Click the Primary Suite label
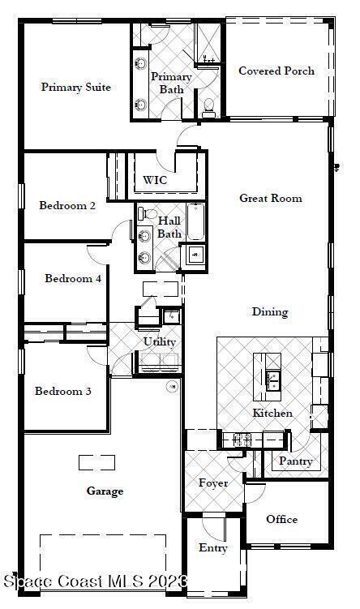coord(76,87)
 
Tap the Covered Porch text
coord(276,71)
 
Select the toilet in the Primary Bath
coord(209,107)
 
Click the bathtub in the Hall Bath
coord(195,221)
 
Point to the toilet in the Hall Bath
coord(147,213)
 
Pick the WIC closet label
coord(155,180)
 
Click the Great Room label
coord(271,198)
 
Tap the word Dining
coord(270,312)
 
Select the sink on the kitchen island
coord(274,380)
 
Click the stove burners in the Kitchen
coord(242,440)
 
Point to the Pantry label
coord(296,461)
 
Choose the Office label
coord(282,519)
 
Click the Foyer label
coord(213,483)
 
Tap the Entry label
coord(213,548)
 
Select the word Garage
coord(105,491)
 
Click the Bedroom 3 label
coord(63,391)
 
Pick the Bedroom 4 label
coord(73,278)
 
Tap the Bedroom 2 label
coord(67,205)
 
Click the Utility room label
coord(160,341)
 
